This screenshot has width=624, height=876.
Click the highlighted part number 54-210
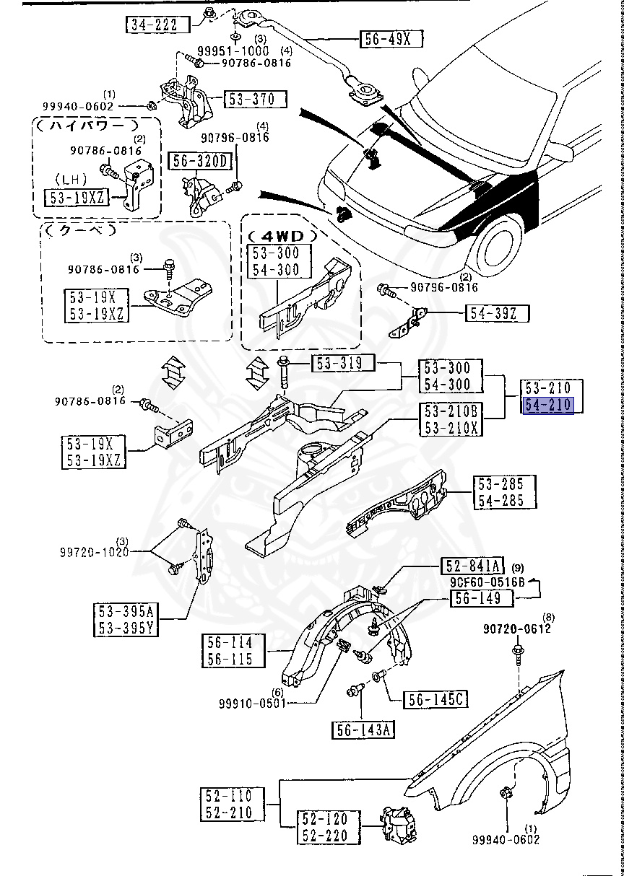pyautogui.click(x=547, y=406)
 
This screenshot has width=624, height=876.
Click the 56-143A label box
pyautogui.click(x=363, y=730)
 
